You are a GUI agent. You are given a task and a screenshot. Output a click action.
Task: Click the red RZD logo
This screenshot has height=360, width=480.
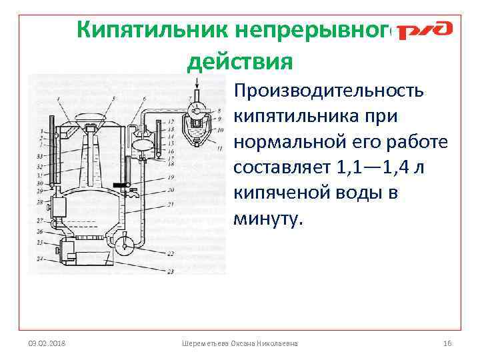pyautogui.click(x=425, y=31)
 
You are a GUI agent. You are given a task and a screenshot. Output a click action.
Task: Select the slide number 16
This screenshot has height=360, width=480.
pyautogui.click(x=447, y=343)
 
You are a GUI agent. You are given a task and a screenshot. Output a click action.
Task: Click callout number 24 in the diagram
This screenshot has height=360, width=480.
pyautogui.click(x=41, y=258)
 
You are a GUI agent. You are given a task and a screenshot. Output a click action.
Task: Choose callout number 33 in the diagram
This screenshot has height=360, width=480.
pyautogui.click(x=41, y=155)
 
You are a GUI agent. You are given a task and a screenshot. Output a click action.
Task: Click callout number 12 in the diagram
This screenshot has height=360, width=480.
pyautogui.click(x=171, y=121)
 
